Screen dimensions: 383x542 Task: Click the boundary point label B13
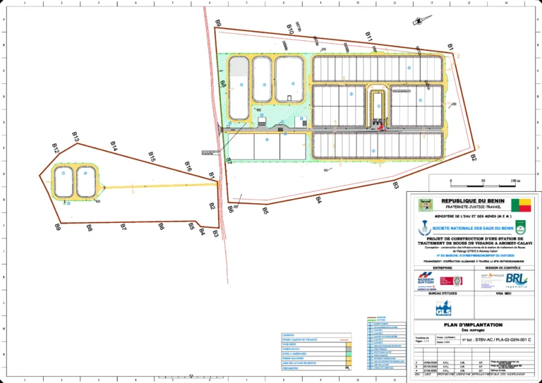point(76,135)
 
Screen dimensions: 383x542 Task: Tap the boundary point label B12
point(56,147)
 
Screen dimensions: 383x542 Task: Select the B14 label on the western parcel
point(114,145)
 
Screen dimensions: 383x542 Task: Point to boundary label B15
point(152,156)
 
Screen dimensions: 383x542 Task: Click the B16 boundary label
point(188,166)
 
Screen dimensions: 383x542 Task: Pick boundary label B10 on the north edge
point(290,29)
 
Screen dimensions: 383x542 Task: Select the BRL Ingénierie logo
point(517,280)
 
